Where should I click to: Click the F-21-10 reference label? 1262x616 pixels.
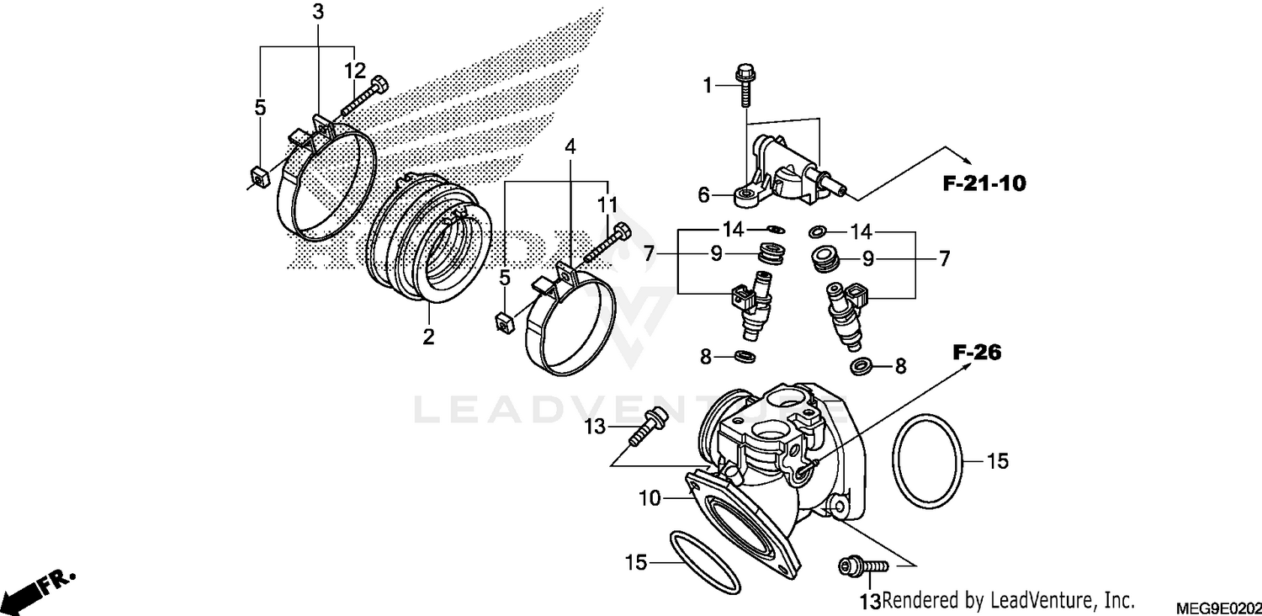(x=984, y=184)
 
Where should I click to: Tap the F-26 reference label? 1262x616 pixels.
(x=977, y=353)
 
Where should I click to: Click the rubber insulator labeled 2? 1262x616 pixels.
(x=429, y=244)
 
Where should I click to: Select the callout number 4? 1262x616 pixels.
(x=570, y=146)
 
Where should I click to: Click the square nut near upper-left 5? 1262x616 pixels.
(x=258, y=177)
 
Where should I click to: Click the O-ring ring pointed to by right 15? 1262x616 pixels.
(x=925, y=460)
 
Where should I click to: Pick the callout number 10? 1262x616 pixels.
(x=650, y=499)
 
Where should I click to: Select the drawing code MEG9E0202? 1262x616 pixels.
(x=1218, y=607)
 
